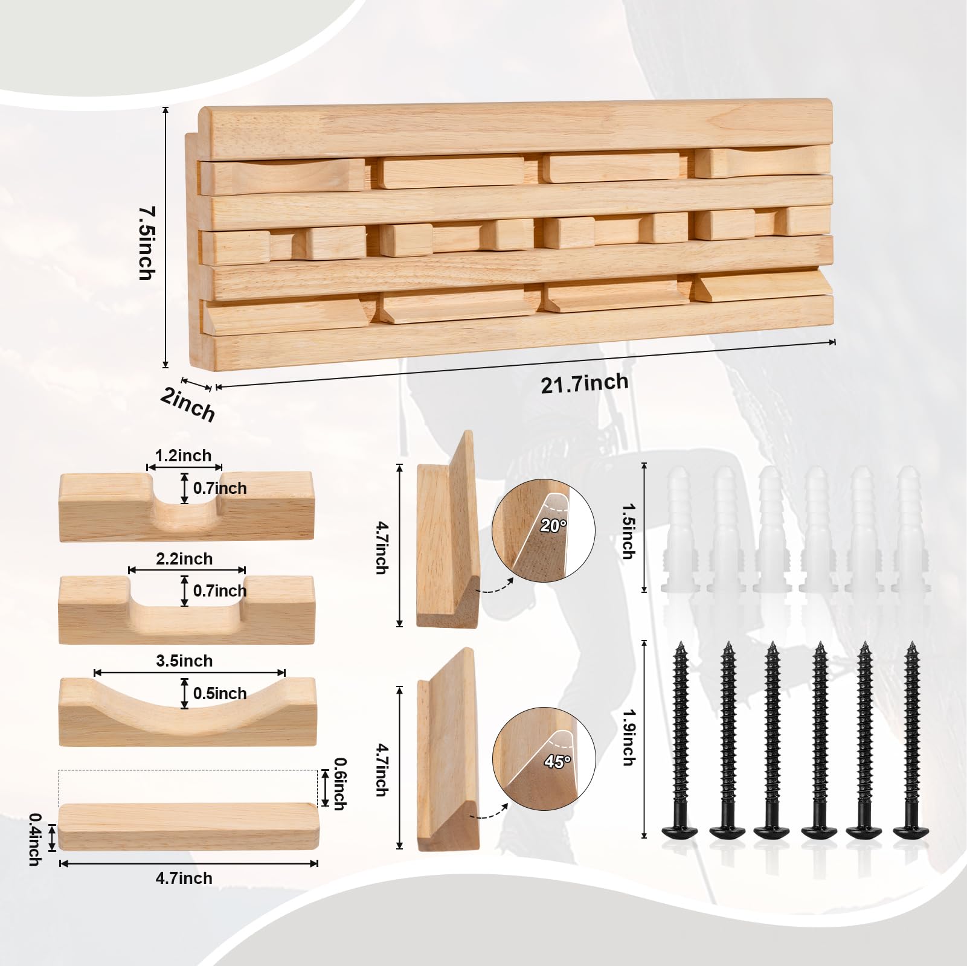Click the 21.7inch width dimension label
584,383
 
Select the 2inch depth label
188,404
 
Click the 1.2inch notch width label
184,455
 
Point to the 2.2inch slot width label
184,558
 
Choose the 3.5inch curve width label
184,661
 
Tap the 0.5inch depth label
220,693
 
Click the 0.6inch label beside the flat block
340,784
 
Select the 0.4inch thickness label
36,839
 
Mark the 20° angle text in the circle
553,526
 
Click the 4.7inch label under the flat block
184,878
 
